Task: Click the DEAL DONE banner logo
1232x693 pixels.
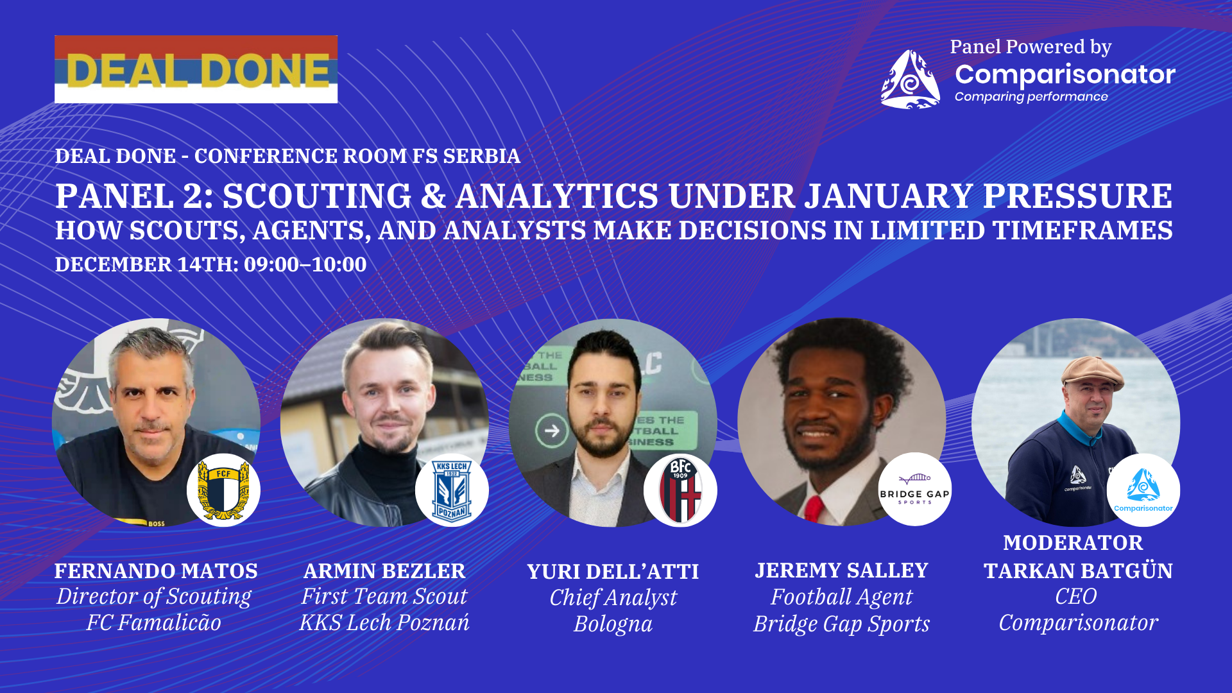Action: point(196,69)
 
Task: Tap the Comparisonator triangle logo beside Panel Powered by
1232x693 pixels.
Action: point(911,80)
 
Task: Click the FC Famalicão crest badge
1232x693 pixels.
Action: point(223,490)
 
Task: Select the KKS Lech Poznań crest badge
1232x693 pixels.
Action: point(452,490)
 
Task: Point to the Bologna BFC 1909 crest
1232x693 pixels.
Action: point(680,490)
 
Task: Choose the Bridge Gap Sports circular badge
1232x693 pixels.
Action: point(914,489)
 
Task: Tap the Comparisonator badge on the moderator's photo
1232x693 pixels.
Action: point(1143,490)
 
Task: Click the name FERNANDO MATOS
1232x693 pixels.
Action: point(156,570)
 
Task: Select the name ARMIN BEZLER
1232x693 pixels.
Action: point(384,570)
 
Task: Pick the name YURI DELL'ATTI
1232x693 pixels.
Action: point(613,571)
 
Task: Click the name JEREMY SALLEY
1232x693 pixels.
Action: point(841,570)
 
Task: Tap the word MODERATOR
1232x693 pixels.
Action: point(1073,542)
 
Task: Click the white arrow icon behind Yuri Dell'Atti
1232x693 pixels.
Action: point(552,431)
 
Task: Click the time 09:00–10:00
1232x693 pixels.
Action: point(305,264)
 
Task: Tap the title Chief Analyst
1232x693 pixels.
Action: point(613,597)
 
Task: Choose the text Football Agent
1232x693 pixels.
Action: point(841,597)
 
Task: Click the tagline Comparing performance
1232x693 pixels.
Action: point(1031,97)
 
